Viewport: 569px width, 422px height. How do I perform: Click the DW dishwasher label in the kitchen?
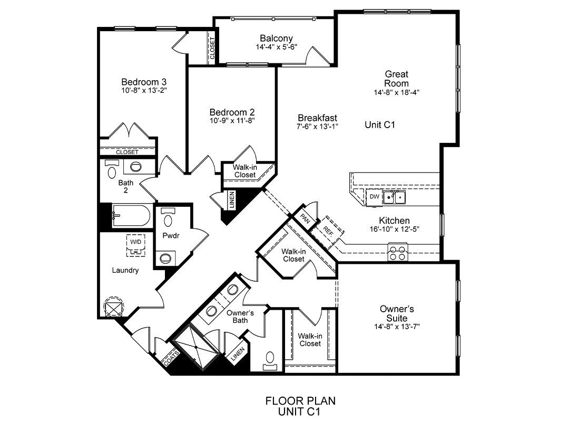(x=374, y=197)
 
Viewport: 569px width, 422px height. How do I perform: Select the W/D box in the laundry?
(x=136, y=245)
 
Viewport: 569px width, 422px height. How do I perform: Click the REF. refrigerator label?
(x=328, y=231)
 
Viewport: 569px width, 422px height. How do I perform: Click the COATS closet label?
(x=171, y=358)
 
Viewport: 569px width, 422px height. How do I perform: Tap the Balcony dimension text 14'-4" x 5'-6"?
(x=277, y=47)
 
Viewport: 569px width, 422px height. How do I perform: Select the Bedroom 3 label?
(x=144, y=82)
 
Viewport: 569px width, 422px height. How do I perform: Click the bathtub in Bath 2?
(x=131, y=216)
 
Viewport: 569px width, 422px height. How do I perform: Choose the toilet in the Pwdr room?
(x=168, y=217)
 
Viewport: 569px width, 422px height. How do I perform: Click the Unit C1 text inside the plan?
(x=379, y=124)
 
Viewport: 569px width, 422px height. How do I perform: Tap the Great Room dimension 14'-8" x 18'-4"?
(x=397, y=92)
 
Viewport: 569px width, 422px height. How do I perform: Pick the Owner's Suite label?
(x=397, y=313)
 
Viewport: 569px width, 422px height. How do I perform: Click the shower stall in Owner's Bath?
(x=196, y=348)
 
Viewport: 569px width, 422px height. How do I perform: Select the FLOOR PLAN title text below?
(x=300, y=401)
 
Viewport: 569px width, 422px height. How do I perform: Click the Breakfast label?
(x=317, y=118)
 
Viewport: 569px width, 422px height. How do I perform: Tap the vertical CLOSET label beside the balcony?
(x=212, y=49)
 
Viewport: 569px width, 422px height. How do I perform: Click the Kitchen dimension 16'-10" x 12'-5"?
(x=395, y=229)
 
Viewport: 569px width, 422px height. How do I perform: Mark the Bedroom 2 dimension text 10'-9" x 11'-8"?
(x=232, y=121)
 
